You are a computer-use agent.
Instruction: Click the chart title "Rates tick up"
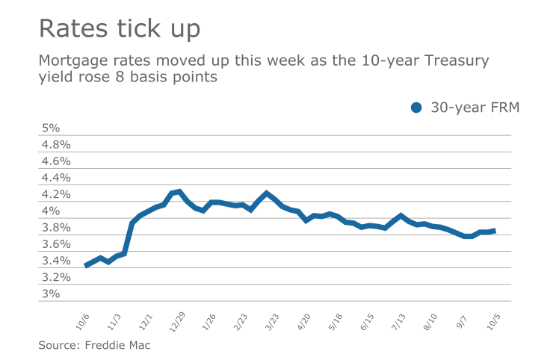[x=120, y=29]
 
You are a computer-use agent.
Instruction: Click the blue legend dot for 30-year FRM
[x=417, y=108]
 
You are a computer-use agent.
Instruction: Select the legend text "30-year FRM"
[x=475, y=108]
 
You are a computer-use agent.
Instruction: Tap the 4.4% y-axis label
[x=55, y=178]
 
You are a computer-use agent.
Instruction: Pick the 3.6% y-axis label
[x=55, y=244]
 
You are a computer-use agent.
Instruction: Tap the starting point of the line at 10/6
[x=86, y=265]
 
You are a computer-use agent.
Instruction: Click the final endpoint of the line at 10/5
[x=493, y=231]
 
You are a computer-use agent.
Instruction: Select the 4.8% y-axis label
[x=55, y=144]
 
